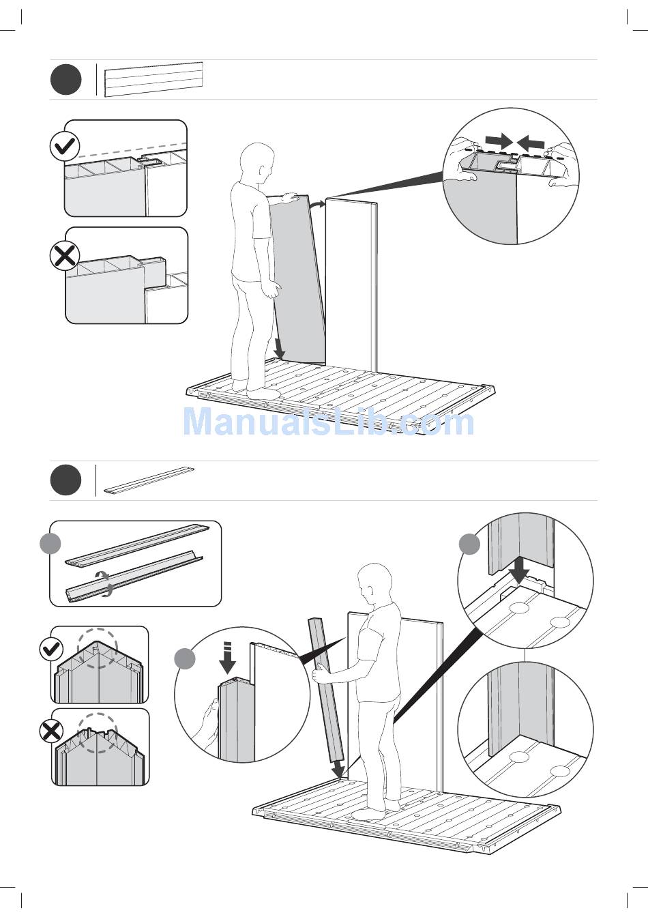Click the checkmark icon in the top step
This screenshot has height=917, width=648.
(x=65, y=146)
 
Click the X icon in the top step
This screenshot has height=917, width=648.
(x=65, y=257)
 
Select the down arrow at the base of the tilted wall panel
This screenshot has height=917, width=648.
(x=280, y=347)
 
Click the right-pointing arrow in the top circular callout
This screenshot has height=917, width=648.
(x=499, y=142)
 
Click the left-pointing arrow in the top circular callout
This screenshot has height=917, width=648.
(x=531, y=143)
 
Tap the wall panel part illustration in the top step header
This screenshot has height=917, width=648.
(x=153, y=79)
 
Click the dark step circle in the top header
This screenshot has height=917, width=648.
(x=66, y=79)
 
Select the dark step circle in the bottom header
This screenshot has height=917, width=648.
(x=65, y=480)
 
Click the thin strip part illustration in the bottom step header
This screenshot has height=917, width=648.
(x=149, y=480)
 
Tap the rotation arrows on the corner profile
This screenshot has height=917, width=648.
(x=104, y=583)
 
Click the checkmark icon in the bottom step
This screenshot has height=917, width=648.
(x=52, y=649)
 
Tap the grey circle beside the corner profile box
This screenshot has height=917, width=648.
(x=50, y=544)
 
